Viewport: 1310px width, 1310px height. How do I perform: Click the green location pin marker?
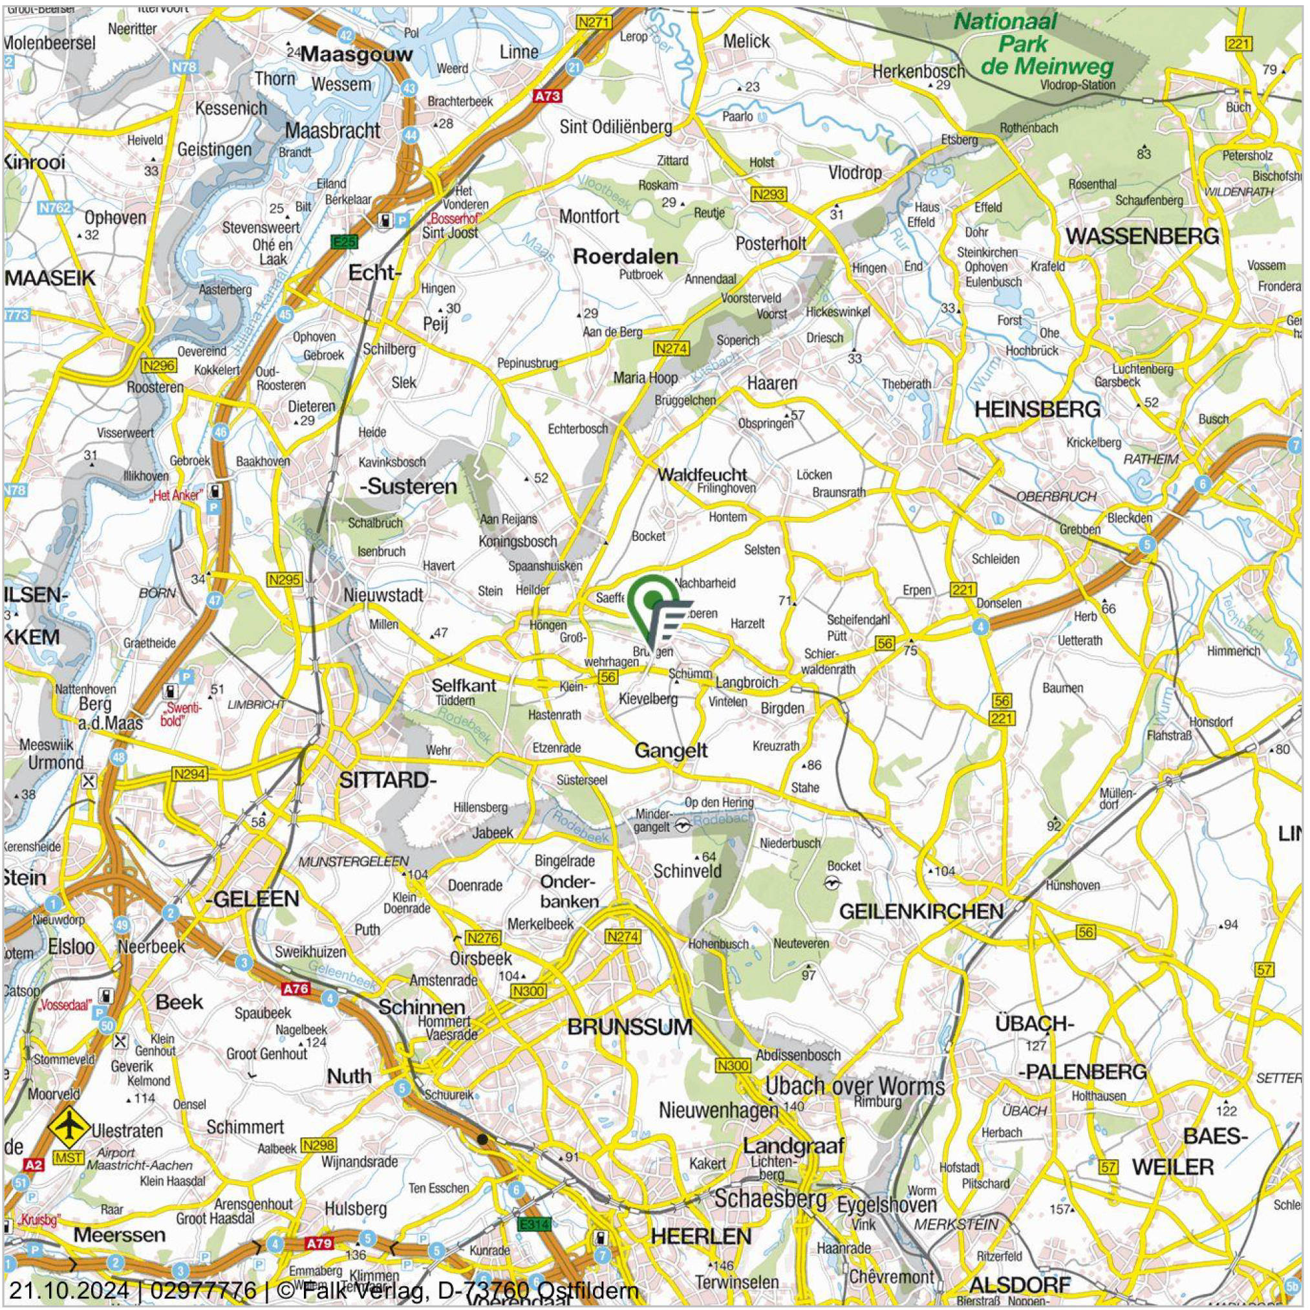tap(652, 601)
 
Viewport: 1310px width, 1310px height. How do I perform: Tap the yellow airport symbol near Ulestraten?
tap(68, 1126)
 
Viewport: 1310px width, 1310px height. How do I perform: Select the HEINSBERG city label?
tap(1036, 409)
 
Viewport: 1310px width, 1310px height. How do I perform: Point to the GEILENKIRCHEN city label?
tap(921, 911)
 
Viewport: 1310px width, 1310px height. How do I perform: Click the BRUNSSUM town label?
tap(629, 1027)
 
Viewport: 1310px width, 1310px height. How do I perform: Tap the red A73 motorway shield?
tap(547, 96)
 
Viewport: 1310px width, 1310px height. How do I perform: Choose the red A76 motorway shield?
tap(295, 989)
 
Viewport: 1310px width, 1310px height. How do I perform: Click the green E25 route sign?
tap(344, 241)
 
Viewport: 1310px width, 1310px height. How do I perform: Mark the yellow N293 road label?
tap(768, 195)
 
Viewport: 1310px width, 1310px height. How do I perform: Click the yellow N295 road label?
tap(284, 580)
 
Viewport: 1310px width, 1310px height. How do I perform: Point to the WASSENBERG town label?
tap(1143, 236)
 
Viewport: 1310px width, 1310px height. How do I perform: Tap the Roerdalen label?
tap(625, 256)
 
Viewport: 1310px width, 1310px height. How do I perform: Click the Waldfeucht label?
tap(702, 474)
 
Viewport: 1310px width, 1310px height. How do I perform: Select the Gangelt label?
tap(670, 750)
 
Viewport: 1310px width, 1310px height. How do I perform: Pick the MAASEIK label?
tap(50, 278)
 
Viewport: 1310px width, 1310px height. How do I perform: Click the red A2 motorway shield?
tap(33, 1165)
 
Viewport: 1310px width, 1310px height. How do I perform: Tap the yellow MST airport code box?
tap(68, 1157)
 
